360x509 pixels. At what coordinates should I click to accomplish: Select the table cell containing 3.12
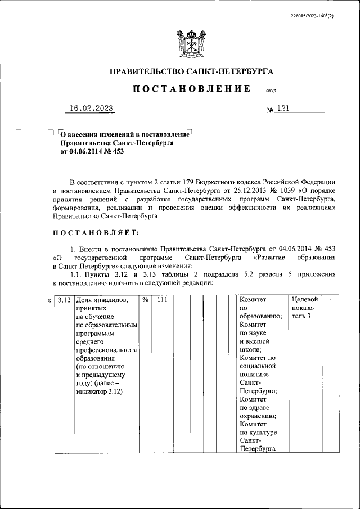pos(63,300)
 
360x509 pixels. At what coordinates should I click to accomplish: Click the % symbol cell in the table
pos(145,300)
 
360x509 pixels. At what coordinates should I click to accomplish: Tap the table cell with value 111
pos(164,300)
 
